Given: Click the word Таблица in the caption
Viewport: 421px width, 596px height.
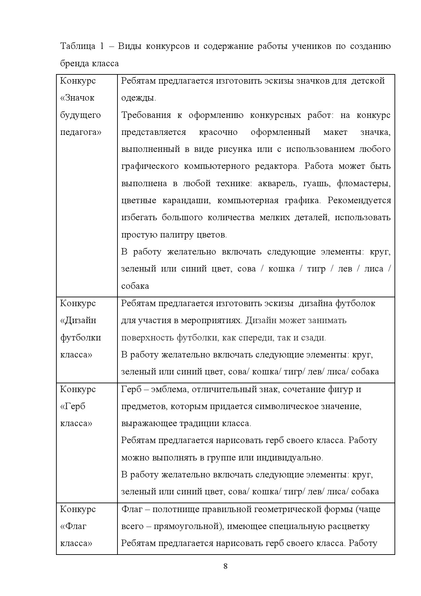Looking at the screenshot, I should (78, 46).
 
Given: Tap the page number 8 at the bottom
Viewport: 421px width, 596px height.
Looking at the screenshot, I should (225, 566).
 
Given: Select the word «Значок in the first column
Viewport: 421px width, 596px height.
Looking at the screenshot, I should (77, 98).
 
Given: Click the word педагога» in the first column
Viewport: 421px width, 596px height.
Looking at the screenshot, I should (81, 133).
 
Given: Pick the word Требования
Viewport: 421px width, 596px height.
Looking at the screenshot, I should (146, 115).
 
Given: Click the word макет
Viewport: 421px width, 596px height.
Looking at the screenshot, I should (335, 132).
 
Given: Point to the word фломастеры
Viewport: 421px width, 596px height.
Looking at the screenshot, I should (364, 184).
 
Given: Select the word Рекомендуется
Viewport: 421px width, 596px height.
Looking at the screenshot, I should (359, 200).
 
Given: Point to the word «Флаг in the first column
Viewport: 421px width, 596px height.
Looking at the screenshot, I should (73, 526).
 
